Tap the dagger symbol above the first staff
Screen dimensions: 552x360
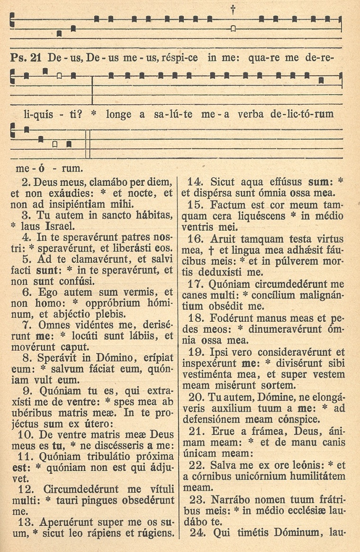[233, 9]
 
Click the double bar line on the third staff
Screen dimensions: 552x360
[88, 144]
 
